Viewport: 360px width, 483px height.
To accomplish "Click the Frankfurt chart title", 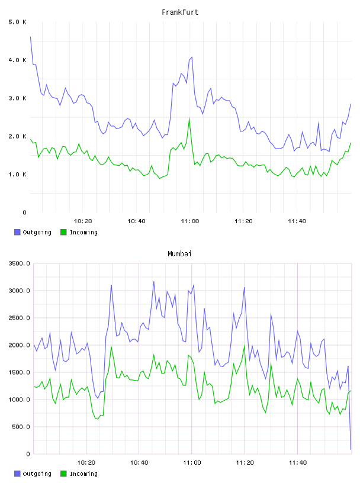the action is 180,12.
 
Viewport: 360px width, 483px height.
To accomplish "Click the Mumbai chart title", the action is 179,254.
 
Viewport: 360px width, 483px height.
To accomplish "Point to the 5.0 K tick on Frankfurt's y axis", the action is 18,22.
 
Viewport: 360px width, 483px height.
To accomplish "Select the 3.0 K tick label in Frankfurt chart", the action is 18,98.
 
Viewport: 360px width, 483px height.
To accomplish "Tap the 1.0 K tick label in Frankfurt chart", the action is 18,175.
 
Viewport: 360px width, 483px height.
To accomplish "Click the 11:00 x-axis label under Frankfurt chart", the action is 190,221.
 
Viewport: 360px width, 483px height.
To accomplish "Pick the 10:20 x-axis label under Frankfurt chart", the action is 83,221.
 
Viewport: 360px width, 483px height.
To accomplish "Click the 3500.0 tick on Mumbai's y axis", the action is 20,263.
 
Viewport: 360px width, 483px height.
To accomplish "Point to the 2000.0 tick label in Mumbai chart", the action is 20,345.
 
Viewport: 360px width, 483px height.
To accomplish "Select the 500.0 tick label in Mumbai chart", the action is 21,427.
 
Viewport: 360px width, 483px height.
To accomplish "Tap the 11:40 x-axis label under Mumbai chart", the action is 298,463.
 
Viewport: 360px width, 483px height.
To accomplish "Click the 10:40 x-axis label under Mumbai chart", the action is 139,463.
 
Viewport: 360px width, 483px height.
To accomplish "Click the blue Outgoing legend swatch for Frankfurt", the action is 17,232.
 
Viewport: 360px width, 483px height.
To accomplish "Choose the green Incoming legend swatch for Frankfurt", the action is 63,232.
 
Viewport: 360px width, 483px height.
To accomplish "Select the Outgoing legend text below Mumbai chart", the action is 37,474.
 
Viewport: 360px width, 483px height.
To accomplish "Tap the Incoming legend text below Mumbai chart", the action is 83,474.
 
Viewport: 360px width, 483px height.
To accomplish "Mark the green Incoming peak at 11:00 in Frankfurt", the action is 189,118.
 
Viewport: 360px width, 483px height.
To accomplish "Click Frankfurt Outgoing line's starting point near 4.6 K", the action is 31,37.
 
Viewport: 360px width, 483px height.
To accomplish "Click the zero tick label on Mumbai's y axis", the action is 28,454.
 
